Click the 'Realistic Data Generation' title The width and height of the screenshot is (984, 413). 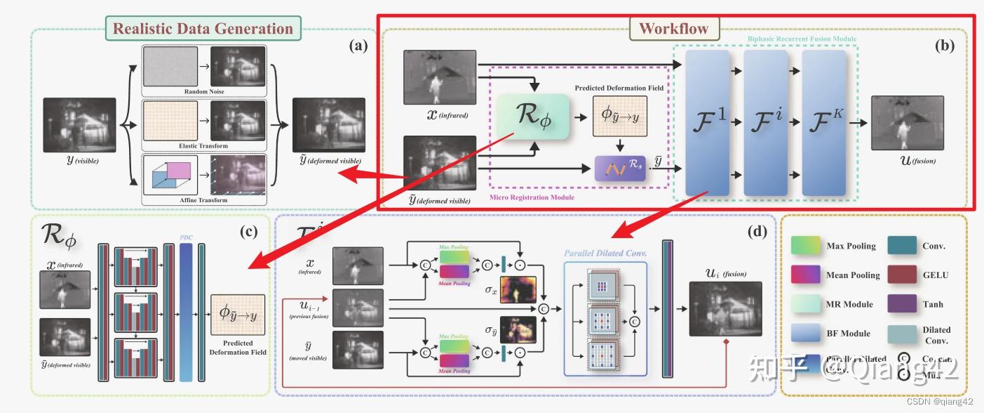(203, 29)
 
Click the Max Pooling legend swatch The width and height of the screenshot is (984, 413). (805, 246)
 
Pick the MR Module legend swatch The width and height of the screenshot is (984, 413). (805, 303)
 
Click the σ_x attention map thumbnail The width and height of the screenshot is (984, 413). (518, 289)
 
